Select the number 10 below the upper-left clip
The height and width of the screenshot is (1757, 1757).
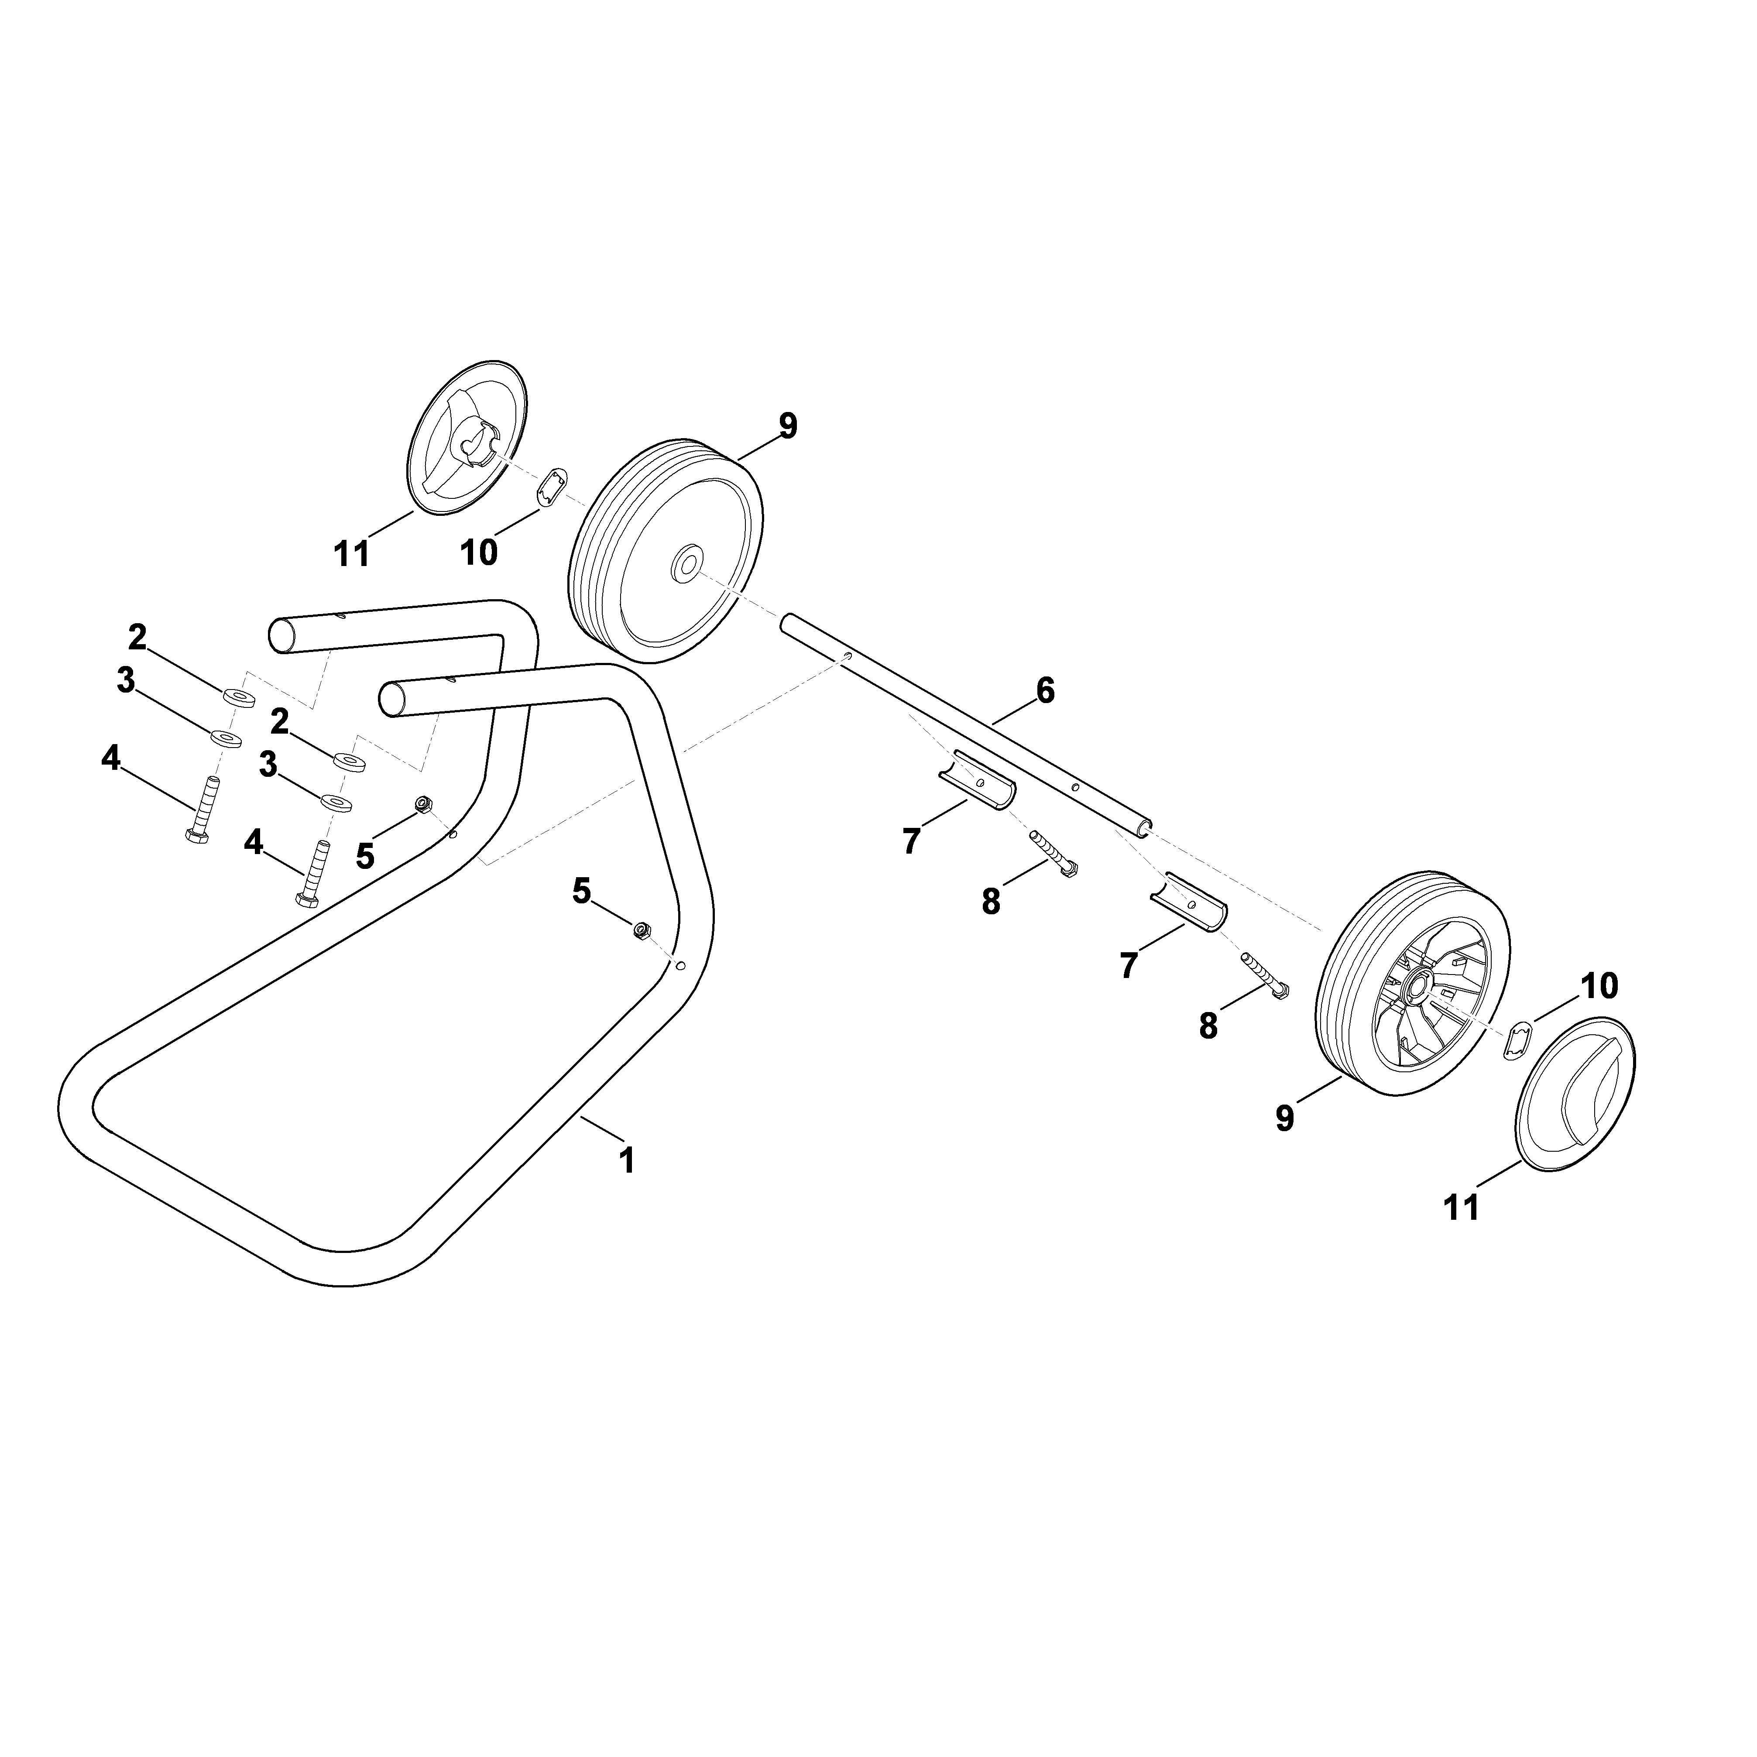pos(479,552)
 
